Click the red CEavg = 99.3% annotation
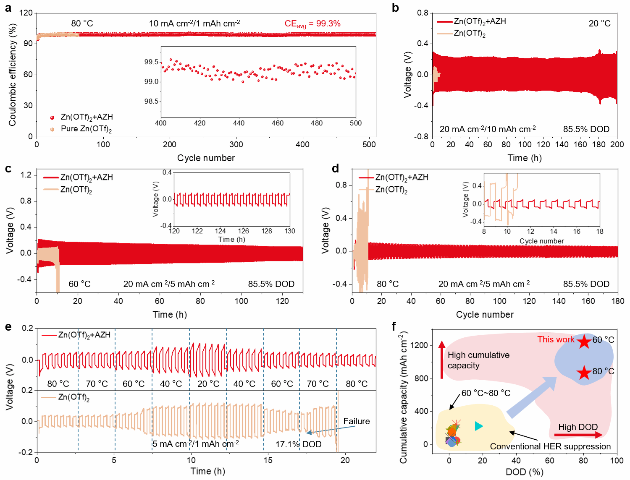click(312, 24)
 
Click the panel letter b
click(395, 8)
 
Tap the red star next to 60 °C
click(584, 341)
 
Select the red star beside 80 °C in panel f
click(584, 372)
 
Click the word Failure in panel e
click(356, 421)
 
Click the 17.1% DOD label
click(298, 444)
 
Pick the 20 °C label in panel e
click(208, 383)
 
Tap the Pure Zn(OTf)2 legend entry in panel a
click(86, 129)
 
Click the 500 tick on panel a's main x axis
click(369, 145)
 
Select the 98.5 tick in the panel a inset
click(151, 101)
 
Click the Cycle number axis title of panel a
click(206, 158)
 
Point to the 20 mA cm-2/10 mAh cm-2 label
click(487, 129)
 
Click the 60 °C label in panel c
click(79, 284)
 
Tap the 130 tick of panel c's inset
click(290, 231)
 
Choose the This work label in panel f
click(555, 339)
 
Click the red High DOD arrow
click(578, 435)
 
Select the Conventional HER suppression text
click(550, 446)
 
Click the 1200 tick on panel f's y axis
click(420, 345)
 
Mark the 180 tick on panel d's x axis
click(618, 301)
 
